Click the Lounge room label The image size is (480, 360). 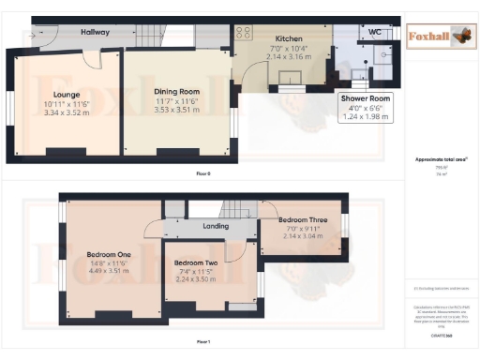click(x=65, y=95)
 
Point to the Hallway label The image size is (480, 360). click(x=95, y=32)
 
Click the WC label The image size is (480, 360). click(x=374, y=32)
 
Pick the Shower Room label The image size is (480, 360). click(x=367, y=97)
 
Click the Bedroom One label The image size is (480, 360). click(x=109, y=255)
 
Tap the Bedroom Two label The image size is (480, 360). click(x=196, y=263)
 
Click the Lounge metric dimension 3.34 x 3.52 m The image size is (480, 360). click(x=65, y=112)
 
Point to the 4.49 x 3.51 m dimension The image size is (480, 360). click(x=109, y=274)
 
